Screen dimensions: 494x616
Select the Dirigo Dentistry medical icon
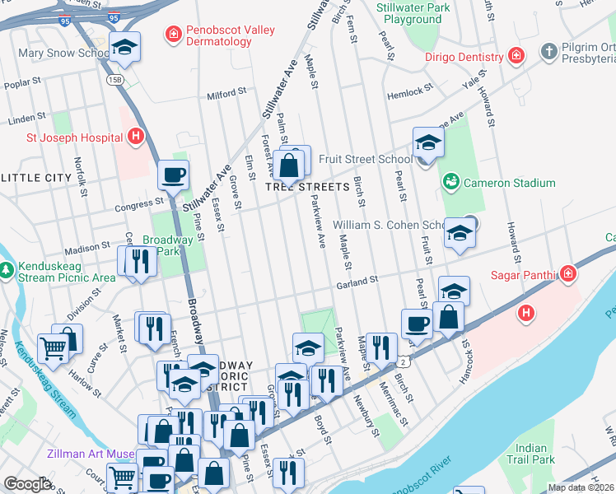click(516, 57)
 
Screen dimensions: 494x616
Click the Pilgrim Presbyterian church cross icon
click(549, 53)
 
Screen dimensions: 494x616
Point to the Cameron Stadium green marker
click(450, 181)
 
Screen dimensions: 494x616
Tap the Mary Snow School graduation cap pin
click(125, 48)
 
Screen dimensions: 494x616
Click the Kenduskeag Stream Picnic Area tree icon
click(7, 269)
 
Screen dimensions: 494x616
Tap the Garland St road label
click(357, 282)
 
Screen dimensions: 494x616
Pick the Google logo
click(26, 484)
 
